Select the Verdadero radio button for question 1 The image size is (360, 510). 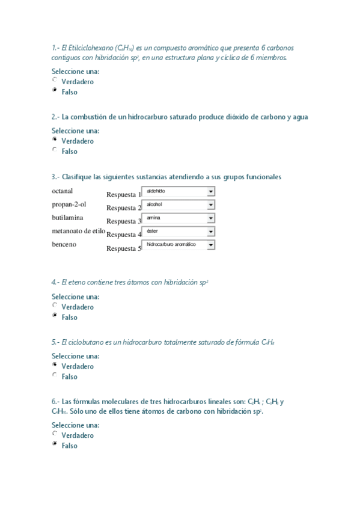tap(55, 79)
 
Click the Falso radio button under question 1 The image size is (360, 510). tap(55, 90)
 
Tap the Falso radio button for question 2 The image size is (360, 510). tap(55, 150)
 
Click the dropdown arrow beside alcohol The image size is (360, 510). tap(211, 204)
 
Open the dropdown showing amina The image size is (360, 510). tap(178, 218)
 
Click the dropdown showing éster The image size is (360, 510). tap(178, 231)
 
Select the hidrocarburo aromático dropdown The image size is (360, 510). tap(178, 245)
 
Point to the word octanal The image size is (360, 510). tap(63, 191)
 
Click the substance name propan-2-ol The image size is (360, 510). tap(69, 204)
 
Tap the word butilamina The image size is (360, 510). tap(67, 218)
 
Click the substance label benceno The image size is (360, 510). tap(64, 245)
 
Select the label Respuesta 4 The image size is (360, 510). tap(123, 235)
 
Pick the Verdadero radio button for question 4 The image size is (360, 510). tap(55, 305)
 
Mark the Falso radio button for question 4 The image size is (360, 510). tap(55, 315)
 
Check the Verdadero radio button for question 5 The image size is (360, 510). tap(55, 364)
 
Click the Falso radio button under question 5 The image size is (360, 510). tap(55, 375)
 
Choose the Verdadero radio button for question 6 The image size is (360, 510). tap(55, 434)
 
